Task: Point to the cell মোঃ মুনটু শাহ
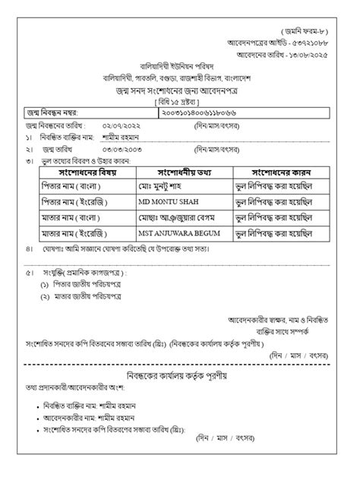[x=162, y=186]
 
